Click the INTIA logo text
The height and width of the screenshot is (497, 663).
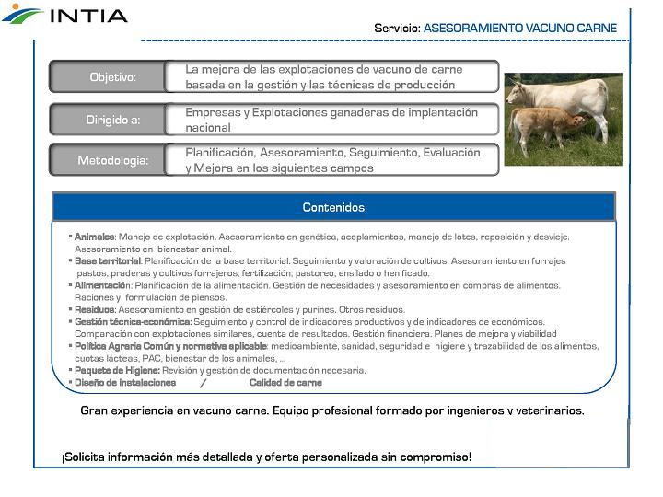tap(88, 15)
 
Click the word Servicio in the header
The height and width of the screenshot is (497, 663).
tap(396, 29)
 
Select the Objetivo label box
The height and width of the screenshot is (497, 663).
tap(112, 77)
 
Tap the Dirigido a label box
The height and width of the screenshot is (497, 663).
tap(112, 120)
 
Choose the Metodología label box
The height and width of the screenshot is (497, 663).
tap(112, 161)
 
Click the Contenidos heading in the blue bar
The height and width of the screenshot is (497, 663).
tap(333, 207)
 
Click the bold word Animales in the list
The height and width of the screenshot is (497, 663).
tap(94, 237)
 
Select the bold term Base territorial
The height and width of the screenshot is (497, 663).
tap(108, 261)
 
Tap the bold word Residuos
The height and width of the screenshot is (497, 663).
tap(95, 310)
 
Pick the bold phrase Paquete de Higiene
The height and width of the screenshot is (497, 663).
tap(117, 370)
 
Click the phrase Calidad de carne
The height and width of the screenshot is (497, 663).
tap(285, 383)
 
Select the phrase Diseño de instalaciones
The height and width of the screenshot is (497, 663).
tap(125, 383)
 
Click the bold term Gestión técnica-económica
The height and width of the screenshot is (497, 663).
tap(133, 322)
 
